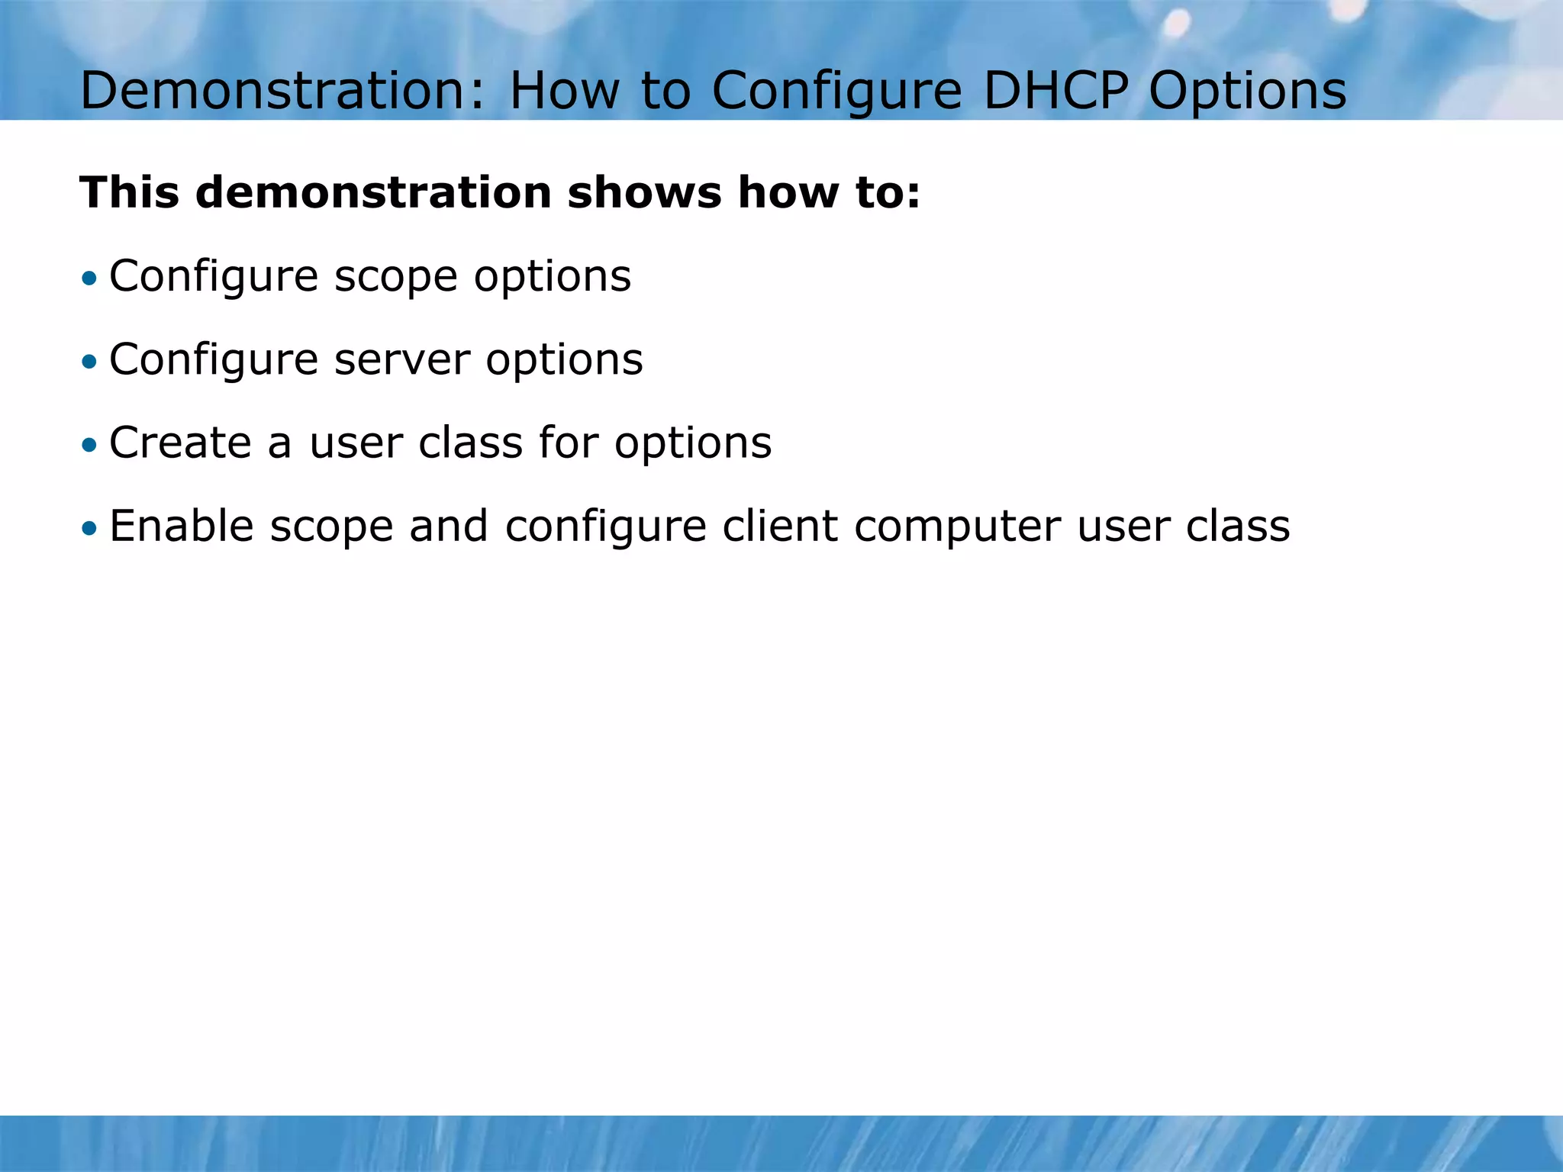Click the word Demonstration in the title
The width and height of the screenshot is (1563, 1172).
coord(282,91)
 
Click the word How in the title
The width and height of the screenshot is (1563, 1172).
coord(564,91)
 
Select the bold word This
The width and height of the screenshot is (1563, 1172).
coord(129,192)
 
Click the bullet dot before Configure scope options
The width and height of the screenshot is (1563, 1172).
coord(90,278)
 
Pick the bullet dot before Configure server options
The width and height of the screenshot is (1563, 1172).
coord(90,361)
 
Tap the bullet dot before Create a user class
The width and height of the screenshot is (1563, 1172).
coord(90,445)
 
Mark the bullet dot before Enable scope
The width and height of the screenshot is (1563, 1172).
coord(90,528)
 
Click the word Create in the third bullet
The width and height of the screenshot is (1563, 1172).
coord(179,443)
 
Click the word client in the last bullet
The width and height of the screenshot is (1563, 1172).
coord(779,526)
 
